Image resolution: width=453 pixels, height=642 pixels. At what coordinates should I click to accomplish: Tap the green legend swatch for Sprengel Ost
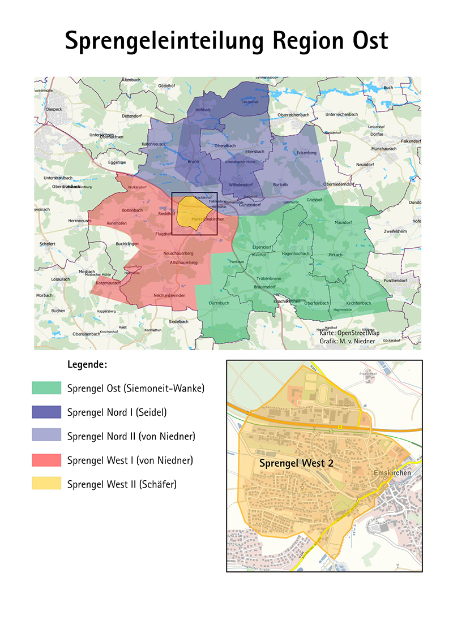[46, 388]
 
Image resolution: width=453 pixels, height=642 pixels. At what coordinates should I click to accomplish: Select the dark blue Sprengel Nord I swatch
[46, 412]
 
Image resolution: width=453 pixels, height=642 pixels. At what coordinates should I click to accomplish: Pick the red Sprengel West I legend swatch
[46, 460]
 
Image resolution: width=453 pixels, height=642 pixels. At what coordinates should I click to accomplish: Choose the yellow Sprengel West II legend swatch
[46, 484]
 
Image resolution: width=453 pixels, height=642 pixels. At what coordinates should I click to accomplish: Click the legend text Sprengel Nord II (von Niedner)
[131, 436]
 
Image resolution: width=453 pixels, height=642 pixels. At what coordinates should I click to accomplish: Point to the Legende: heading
[87, 364]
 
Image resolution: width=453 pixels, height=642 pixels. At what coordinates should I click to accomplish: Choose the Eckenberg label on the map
[306, 152]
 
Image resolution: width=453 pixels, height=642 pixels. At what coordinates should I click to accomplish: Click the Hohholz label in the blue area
[203, 109]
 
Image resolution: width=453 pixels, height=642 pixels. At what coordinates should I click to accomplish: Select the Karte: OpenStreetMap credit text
[349, 333]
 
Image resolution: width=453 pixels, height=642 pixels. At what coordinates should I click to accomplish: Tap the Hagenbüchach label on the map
[295, 253]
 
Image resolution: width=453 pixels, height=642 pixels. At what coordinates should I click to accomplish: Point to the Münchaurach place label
[384, 148]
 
